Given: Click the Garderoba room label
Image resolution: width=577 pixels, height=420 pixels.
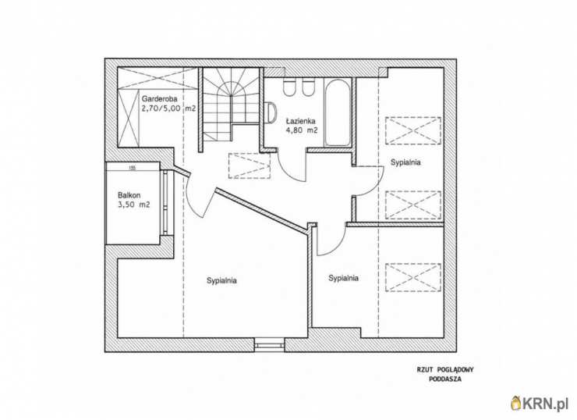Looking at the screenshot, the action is click(160, 98).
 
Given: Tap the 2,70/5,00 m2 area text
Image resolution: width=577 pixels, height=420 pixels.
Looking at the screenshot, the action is click(168, 109).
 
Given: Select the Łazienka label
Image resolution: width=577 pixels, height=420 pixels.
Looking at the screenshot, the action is click(301, 121).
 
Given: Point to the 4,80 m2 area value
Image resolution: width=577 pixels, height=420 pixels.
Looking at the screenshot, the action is click(302, 130).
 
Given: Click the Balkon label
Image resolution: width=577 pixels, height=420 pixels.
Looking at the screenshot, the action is click(129, 195).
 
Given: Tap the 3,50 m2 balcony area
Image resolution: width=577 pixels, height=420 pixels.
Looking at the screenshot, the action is click(134, 205).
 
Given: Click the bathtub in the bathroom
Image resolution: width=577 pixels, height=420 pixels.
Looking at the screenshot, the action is click(337, 112).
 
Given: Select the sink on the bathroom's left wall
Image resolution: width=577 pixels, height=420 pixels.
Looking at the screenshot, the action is click(272, 112).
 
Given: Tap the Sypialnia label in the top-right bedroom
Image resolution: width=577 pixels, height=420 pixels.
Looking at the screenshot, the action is click(405, 162).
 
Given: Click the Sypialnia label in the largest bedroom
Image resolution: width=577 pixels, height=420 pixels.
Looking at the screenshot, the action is click(221, 280).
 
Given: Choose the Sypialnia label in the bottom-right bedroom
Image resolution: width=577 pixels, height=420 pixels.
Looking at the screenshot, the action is click(343, 278).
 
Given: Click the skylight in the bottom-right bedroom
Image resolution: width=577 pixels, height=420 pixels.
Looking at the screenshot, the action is click(413, 277).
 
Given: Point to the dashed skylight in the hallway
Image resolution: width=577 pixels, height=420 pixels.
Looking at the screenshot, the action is click(250, 166).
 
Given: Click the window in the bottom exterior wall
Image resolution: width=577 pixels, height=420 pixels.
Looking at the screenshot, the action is click(270, 345).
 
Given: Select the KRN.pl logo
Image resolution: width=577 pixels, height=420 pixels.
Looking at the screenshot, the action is click(540, 404).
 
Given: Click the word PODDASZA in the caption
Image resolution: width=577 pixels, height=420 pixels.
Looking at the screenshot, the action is click(445, 379).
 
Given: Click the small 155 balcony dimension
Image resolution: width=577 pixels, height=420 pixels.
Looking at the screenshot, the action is click(133, 169).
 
